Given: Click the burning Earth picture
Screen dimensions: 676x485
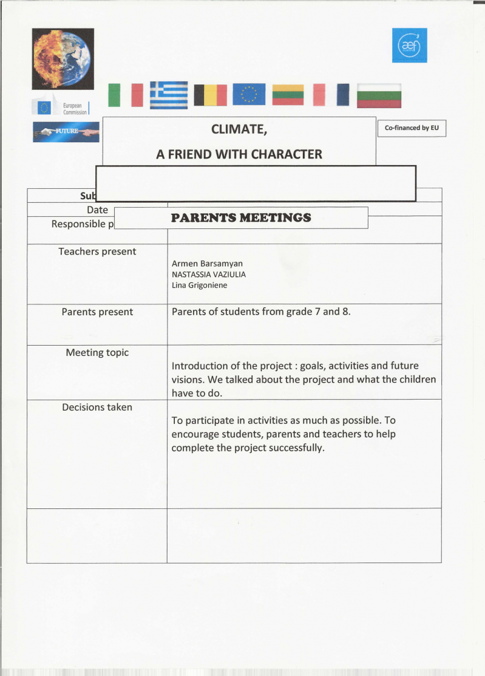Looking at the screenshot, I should click(63, 58).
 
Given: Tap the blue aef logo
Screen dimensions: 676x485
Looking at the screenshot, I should click(409, 45).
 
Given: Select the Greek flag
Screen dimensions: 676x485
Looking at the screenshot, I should click(169, 95).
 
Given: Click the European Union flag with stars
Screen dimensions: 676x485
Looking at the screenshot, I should click(249, 95).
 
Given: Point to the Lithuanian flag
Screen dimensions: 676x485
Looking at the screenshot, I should click(288, 95).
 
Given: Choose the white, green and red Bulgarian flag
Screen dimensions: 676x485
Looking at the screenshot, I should click(379, 95).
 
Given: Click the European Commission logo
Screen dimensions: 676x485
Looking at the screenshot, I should click(61, 108).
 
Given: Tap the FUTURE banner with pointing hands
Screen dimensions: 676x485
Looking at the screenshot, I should click(66, 132).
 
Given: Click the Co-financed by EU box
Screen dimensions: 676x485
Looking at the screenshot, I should click(412, 128).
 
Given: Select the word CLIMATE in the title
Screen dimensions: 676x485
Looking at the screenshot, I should click(239, 129).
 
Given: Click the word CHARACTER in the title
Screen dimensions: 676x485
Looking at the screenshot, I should click(287, 154).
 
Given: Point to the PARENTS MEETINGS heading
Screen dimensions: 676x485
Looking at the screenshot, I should click(241, 217).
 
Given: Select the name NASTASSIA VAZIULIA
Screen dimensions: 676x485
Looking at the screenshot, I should click(209, 275).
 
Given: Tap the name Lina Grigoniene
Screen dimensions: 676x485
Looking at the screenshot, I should click(200, 285).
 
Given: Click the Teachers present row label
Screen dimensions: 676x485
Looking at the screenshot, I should click(97, 251).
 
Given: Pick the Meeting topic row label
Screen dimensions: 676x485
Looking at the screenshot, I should click(97, 352).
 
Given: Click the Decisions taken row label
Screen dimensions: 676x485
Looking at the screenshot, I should click(97, 407).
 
